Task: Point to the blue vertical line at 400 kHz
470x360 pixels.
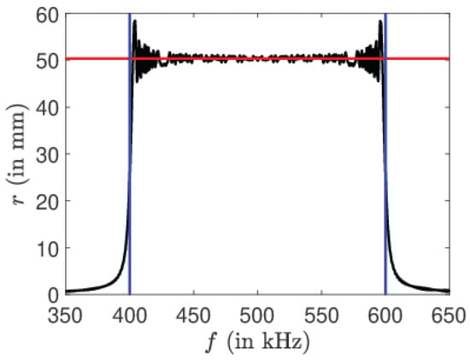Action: coord(129,171)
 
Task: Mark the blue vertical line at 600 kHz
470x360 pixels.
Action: coord(385,171)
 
